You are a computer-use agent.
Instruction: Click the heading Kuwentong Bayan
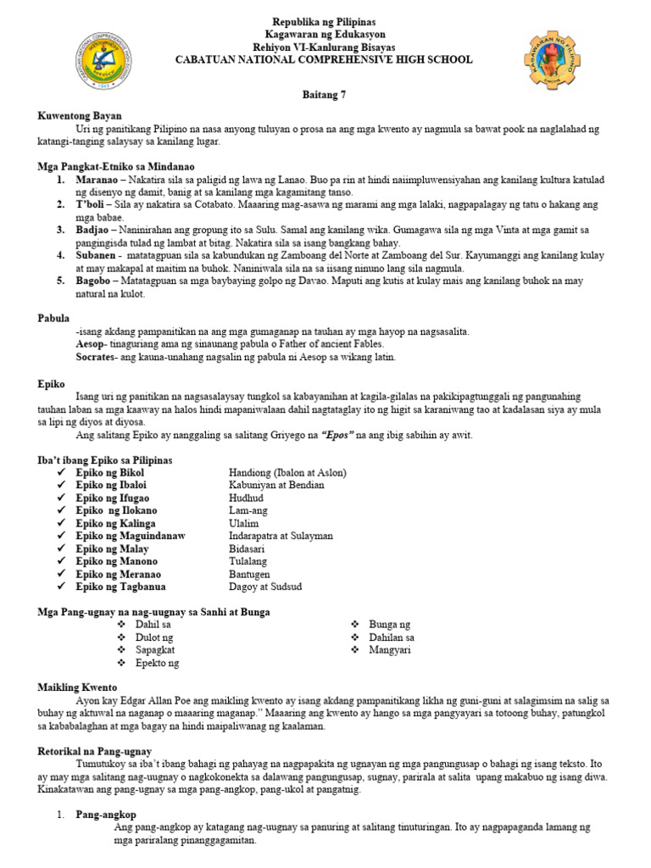pos(80,115)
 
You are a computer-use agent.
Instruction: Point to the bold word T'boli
pos(92,205)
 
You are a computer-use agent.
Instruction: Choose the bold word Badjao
pos(92,230)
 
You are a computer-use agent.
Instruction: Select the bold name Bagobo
pos(94,279)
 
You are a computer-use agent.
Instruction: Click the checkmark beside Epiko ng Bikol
pos(61,472)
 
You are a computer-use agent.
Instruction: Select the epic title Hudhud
pos(247,498)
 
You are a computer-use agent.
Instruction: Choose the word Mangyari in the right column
pos(389,649)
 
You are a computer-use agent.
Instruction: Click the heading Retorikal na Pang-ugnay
pos(95,751)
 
